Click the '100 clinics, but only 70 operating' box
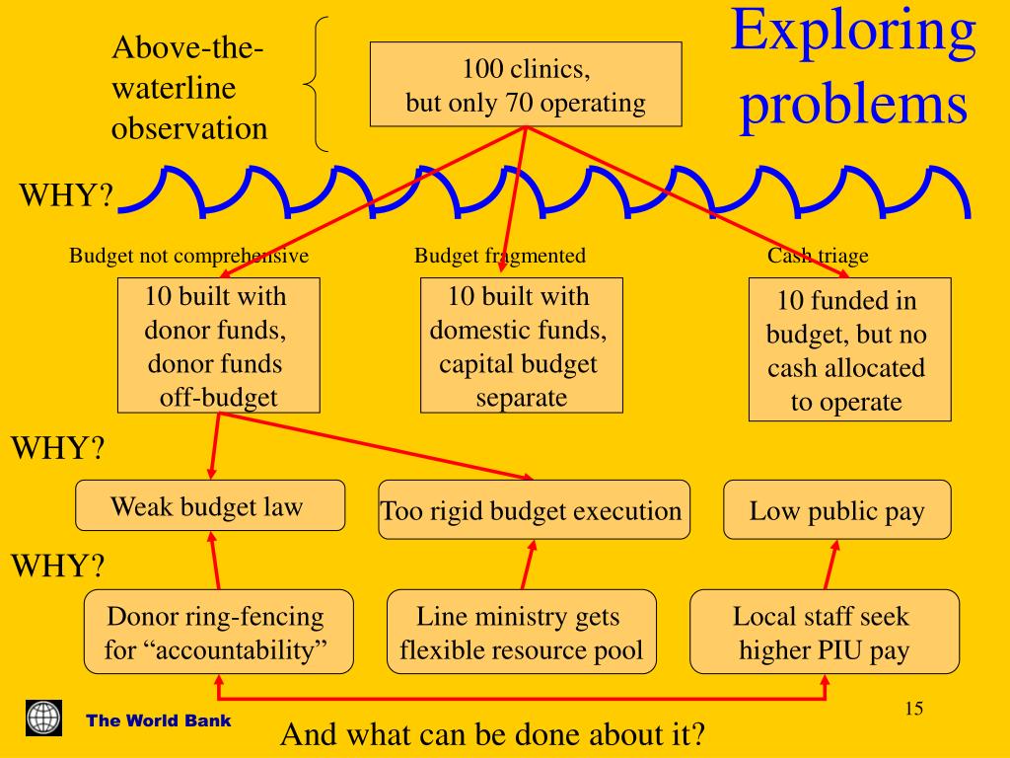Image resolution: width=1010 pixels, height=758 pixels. coord(526,85)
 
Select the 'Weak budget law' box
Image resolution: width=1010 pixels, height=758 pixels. coord(210,506)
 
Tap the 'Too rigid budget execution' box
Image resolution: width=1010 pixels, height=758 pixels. coord(534,510)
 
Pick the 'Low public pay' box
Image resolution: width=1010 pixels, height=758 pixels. coord(836,510)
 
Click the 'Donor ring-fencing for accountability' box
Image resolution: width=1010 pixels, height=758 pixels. coord(218,633)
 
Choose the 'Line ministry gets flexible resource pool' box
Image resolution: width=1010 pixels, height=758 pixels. coord(521,633)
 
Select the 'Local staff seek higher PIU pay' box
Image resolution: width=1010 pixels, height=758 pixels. coord(824,633)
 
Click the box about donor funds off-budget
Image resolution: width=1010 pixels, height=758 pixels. coord(218,345)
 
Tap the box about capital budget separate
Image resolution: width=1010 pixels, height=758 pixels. coord(521,345)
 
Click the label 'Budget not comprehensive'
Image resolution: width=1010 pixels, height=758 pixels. coord(188,256)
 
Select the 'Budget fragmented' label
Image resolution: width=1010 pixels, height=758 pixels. coord(499,256)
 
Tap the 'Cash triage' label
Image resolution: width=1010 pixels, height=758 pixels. coord(818,256)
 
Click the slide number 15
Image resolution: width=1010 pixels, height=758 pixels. coord(912,709)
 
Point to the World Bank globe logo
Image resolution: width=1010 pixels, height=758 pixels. coord(43,718)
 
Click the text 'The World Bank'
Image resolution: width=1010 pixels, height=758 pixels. coord(159,720)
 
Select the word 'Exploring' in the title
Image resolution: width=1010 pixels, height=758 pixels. coord(853,32)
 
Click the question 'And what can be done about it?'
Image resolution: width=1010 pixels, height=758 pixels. coord(493,734)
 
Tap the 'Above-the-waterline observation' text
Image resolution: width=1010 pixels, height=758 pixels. coord(189,88)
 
